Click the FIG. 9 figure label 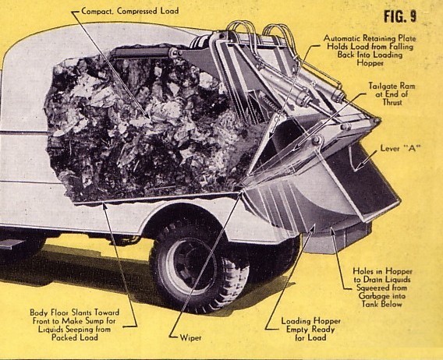[400, 16]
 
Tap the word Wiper [191, 337]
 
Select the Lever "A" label [399, 148]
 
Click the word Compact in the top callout [97, 11]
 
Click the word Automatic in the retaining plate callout [342, 38]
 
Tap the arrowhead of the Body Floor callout [105, 205]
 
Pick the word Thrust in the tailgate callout [392, 102]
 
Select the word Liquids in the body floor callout [51, 330]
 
